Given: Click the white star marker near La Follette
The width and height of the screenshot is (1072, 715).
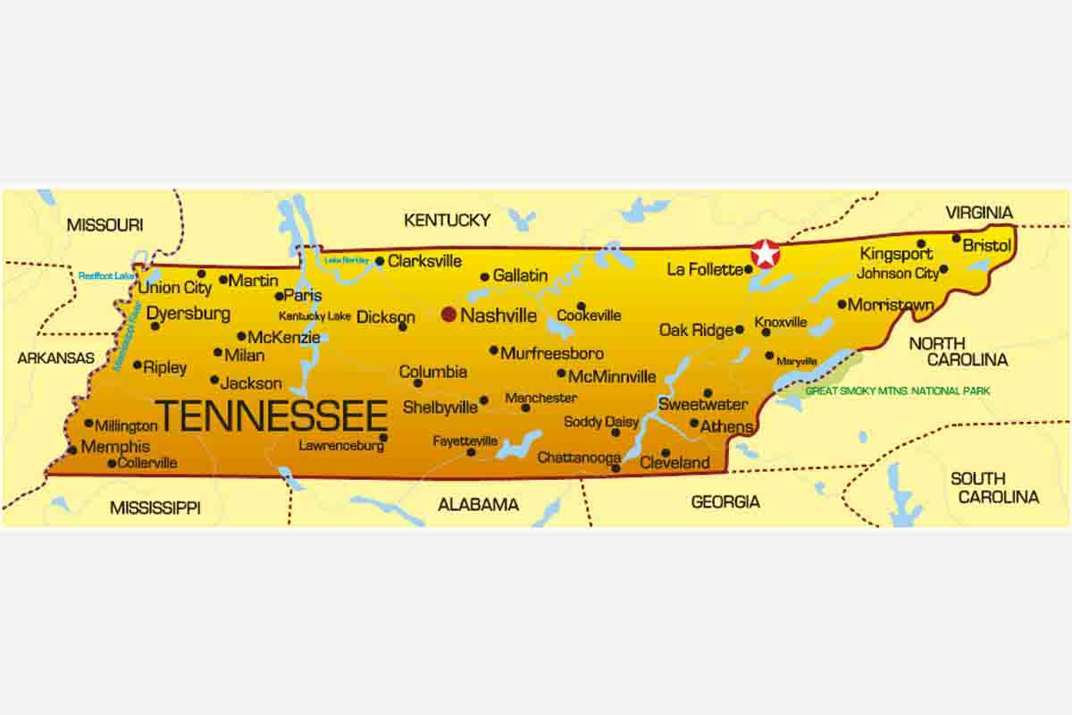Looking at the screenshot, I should (766, 254).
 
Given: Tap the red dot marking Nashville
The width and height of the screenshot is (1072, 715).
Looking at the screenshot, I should (448, 315).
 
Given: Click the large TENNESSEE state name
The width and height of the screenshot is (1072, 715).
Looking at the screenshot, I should (272, 416).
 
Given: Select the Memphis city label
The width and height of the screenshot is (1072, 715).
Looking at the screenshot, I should (115, 447).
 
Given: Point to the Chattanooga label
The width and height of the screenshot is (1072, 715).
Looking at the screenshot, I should (579, 458).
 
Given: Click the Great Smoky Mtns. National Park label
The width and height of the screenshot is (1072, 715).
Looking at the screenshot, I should (897, 391).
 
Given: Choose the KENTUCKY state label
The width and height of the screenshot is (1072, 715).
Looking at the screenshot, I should (447, 220).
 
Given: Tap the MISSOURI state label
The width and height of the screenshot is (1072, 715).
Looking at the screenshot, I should (105, 225).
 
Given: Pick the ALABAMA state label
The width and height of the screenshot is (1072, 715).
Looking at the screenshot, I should (478, 505).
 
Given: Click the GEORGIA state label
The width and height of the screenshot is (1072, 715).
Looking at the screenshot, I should (725, 502).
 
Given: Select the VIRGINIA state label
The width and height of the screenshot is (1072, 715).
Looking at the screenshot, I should (979, 213).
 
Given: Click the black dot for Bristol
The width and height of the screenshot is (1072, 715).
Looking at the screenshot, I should (956, 238).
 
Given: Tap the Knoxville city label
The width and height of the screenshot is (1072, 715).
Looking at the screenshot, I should (781, 322).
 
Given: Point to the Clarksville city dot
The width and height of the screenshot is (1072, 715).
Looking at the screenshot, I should (380, 262).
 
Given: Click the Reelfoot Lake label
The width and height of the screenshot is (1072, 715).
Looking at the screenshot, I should (105, 276).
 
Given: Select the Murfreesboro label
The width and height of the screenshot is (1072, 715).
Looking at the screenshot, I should (551, 353).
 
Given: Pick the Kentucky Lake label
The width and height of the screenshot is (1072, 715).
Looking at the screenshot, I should (314, 316).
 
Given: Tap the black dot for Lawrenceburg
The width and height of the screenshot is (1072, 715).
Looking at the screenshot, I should (383, 437).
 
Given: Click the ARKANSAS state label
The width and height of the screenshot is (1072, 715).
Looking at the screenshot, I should (55, 357).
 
